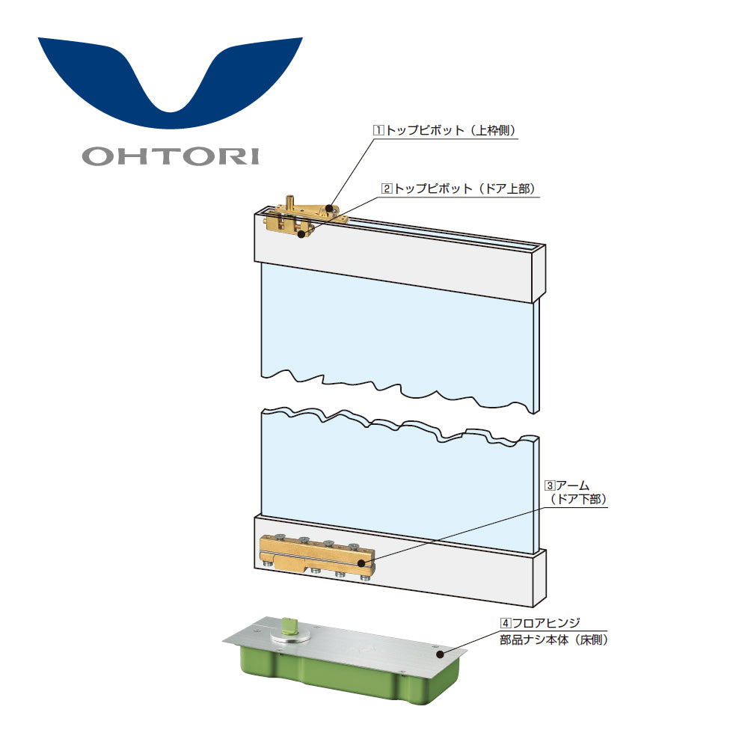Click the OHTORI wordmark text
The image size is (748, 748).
pyautogui.click(x=171, y=156)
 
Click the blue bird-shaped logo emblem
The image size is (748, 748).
pyautogui.click(x=171, y=82)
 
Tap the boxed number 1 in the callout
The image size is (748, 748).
pyautogui.click(x=378, y=130)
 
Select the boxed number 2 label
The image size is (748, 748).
pyautogui.click(x=387, y=188)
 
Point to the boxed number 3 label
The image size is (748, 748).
pyautogui.click(x=550, y=485)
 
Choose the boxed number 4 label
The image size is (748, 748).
pyautogui.click(x=506, y=623)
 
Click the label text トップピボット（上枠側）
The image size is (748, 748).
pyautogui.click(x=451, y=130)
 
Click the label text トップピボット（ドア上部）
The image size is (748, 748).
pyautogui.click(x=465, y=188)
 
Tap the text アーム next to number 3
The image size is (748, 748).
pyautogui.click(x=573, y=485)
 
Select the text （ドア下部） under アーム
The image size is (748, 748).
pyautogui.click(x=578, y=499)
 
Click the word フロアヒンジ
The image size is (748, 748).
pyautogui.click(x=546, y=623)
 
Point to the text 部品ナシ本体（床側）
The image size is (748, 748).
pyautogui.click(x=554, y=640)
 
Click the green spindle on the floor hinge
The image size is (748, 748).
pyautogui.click(x=289, y=626)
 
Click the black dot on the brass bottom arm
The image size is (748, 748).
pyautogui.click(x=362, y=563)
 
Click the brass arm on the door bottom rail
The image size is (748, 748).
pyautogui.click(x=317, y=557)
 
